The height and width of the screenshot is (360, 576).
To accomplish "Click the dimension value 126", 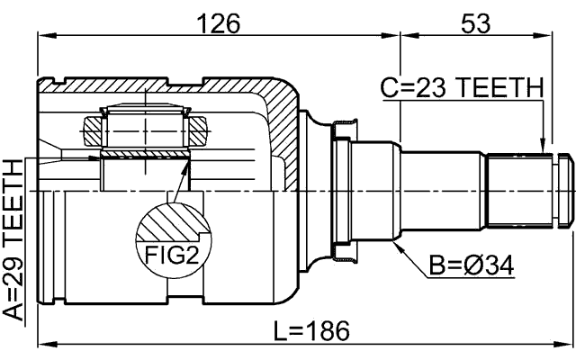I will click(219, 23).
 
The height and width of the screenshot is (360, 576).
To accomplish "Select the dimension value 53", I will click(474, 23).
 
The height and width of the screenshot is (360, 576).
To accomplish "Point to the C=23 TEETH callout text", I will click(462, 88).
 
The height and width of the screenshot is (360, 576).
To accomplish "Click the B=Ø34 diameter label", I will click(472, 266).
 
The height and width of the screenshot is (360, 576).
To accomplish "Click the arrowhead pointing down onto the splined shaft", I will click(542, 145).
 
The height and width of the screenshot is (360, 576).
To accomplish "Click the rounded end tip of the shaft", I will click(566, 191).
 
